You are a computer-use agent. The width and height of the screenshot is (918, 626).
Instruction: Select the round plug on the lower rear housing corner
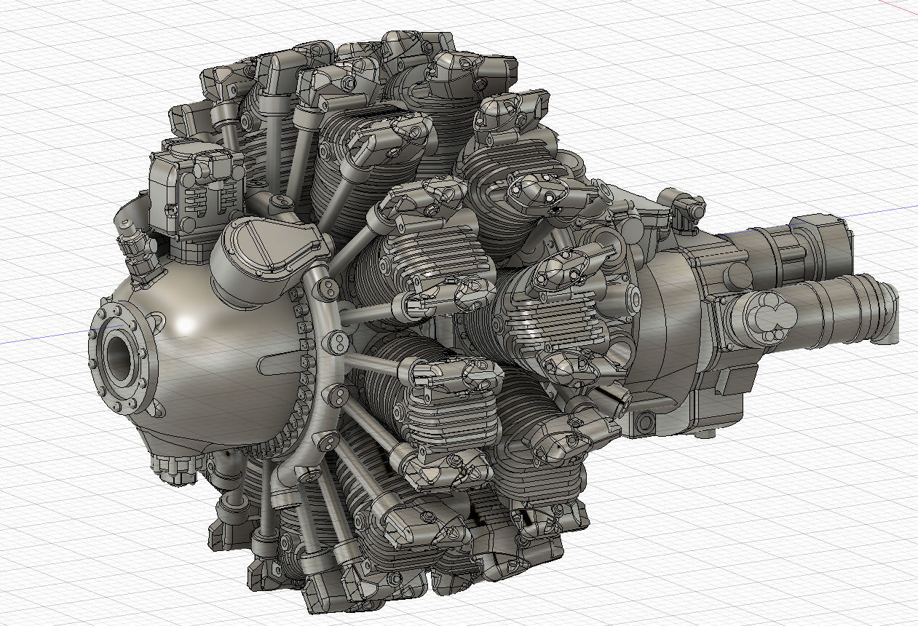point(644,421)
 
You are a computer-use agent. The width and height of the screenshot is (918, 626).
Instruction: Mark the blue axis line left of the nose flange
point(44,341)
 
